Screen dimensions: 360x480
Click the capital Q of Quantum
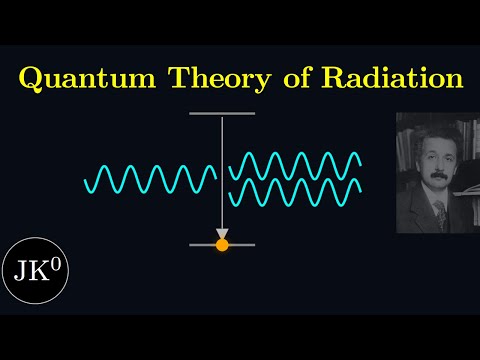click(x=32, y=78)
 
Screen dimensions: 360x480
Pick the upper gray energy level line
click(x=221, y=114)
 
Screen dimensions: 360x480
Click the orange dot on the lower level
click(x=222, y=244)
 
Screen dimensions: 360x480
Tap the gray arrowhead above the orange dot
click(x=222, y=231)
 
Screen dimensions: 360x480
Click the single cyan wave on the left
click(x=150, y=179)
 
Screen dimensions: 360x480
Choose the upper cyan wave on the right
click(x=294, y=164)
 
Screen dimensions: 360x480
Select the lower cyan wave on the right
click(x=294, y=192)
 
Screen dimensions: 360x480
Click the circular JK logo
click(x=34, y=270)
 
